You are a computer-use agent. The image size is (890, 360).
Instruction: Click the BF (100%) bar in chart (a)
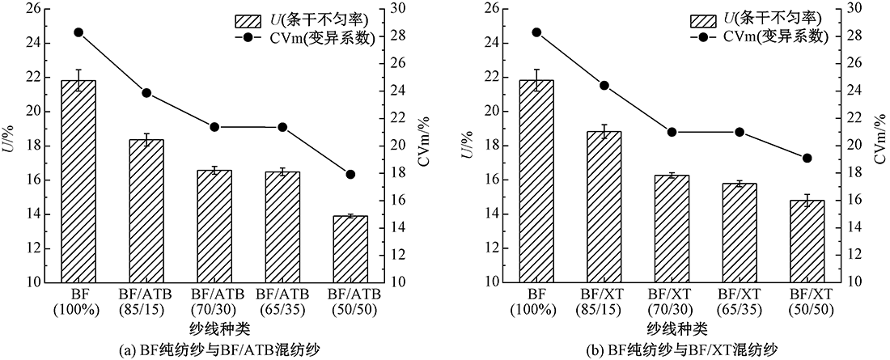(78, 181)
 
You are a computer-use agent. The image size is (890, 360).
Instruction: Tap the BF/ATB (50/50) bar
(350, 248)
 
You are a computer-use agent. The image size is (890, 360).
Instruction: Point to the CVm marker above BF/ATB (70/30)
(214, 127)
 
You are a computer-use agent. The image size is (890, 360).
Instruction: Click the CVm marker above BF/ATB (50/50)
(350, 175)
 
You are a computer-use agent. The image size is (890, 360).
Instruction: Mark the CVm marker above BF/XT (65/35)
(739, 132)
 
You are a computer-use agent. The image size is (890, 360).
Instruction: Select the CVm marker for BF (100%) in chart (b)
(536, 32)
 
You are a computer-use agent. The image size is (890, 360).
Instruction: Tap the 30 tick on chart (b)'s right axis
(853, 9)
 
